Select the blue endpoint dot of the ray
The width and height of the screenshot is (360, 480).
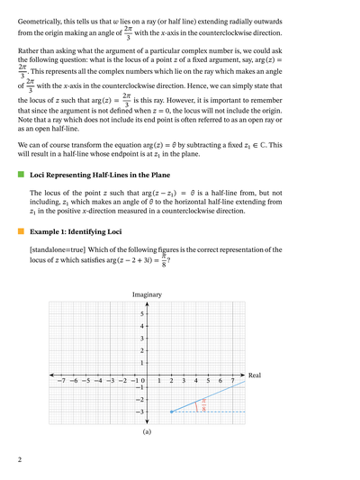click(x=172, y=412)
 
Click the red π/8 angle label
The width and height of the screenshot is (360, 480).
click(x=203, y=406)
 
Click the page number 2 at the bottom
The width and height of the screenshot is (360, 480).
click(x=20, y=460)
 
